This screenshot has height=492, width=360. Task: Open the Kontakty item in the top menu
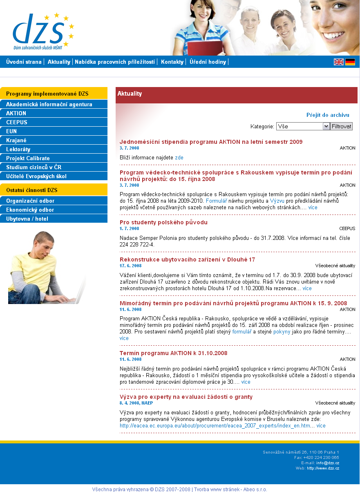point(172,62)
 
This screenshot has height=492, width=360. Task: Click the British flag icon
point(339,62)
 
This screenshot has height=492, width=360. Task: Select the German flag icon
point(350,62)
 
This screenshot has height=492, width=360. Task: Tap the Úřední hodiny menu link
point(208,62)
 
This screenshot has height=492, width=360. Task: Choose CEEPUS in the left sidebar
point(17,122)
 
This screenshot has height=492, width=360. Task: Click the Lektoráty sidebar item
point(18,149)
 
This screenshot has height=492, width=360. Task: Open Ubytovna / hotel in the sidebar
point(27,219)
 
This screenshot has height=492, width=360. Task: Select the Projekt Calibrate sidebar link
point(28,158)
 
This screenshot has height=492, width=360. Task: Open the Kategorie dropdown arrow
point(326,126)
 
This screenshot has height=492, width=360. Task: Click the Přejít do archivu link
point(328,115)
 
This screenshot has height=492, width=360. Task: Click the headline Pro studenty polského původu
point(163,222)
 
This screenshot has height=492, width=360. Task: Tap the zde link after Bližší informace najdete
point(179,157)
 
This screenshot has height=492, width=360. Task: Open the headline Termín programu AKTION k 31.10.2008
point(173,353)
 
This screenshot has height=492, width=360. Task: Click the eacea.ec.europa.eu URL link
point(215,425)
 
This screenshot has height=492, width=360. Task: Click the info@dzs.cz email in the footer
point(328,463)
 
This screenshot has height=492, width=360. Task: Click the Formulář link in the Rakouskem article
point(216,201)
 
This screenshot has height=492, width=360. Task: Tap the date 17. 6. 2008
point(130,266)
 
